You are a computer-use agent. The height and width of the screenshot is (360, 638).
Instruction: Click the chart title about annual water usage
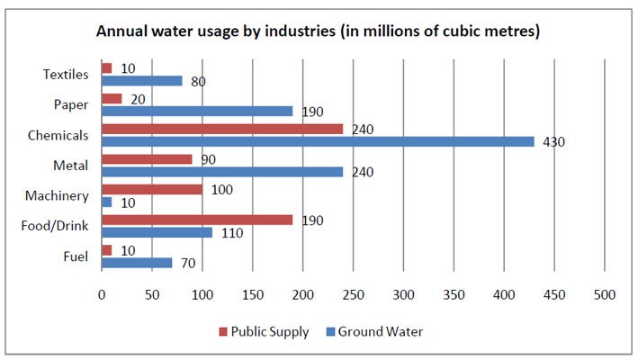point(319,31)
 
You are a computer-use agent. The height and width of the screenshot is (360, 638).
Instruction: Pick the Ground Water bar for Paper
point(197,111)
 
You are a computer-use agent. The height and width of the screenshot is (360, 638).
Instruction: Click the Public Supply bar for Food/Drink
point(197,220)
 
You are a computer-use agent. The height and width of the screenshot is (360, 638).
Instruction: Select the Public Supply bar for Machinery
point(152,190)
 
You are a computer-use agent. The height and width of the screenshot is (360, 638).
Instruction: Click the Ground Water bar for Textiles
point(142,81)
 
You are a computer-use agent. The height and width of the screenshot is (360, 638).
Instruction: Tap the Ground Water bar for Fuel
point(137,263)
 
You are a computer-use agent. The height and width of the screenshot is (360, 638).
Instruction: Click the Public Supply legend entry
point(263,331)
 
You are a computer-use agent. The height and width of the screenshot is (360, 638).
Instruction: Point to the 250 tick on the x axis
point(353,293)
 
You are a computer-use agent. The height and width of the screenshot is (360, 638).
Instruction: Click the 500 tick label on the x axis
point(604,293)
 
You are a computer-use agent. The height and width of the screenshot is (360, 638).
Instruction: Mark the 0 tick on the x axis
point(102,293)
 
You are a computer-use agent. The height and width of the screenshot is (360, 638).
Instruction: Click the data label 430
point(553,142)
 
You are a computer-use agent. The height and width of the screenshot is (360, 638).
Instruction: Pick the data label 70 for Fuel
point(187,264)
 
